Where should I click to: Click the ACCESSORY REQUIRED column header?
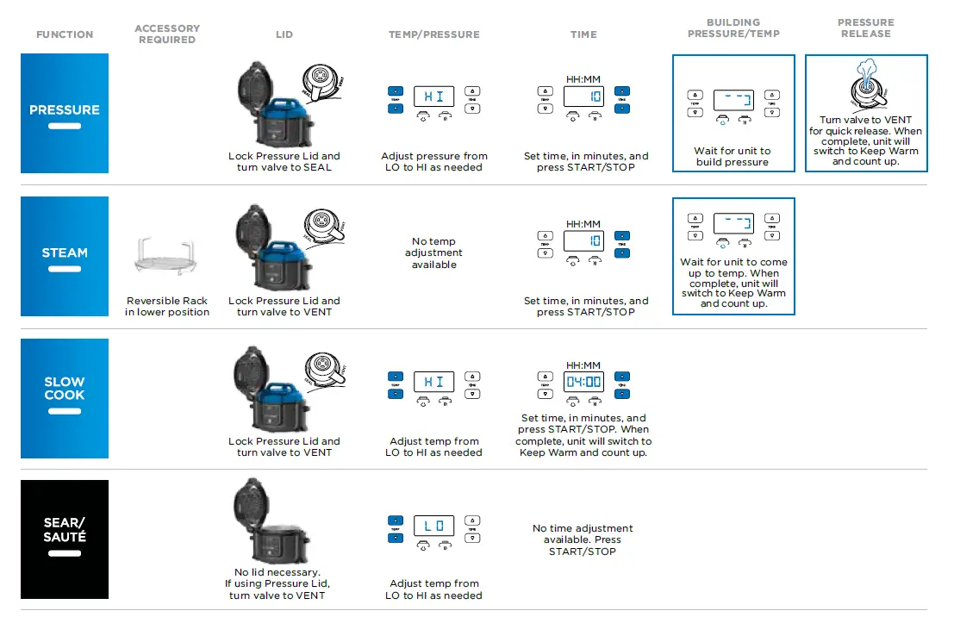pos(167,34)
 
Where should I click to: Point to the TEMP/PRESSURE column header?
pos(434,34)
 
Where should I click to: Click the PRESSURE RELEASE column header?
pos(866,28)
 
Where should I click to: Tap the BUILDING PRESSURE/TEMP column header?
pos(733,28)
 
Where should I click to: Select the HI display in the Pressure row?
pos(434,97)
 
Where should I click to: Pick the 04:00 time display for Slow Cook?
pos(583,381)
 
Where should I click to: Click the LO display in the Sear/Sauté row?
pos(434,526)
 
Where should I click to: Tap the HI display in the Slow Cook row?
pos(434,382)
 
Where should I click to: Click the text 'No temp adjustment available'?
pos(434,253)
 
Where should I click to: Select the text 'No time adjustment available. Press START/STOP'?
pos(583,539)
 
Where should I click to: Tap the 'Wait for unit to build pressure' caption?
pos(733,156)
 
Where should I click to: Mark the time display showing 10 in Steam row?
pos(583,241)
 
